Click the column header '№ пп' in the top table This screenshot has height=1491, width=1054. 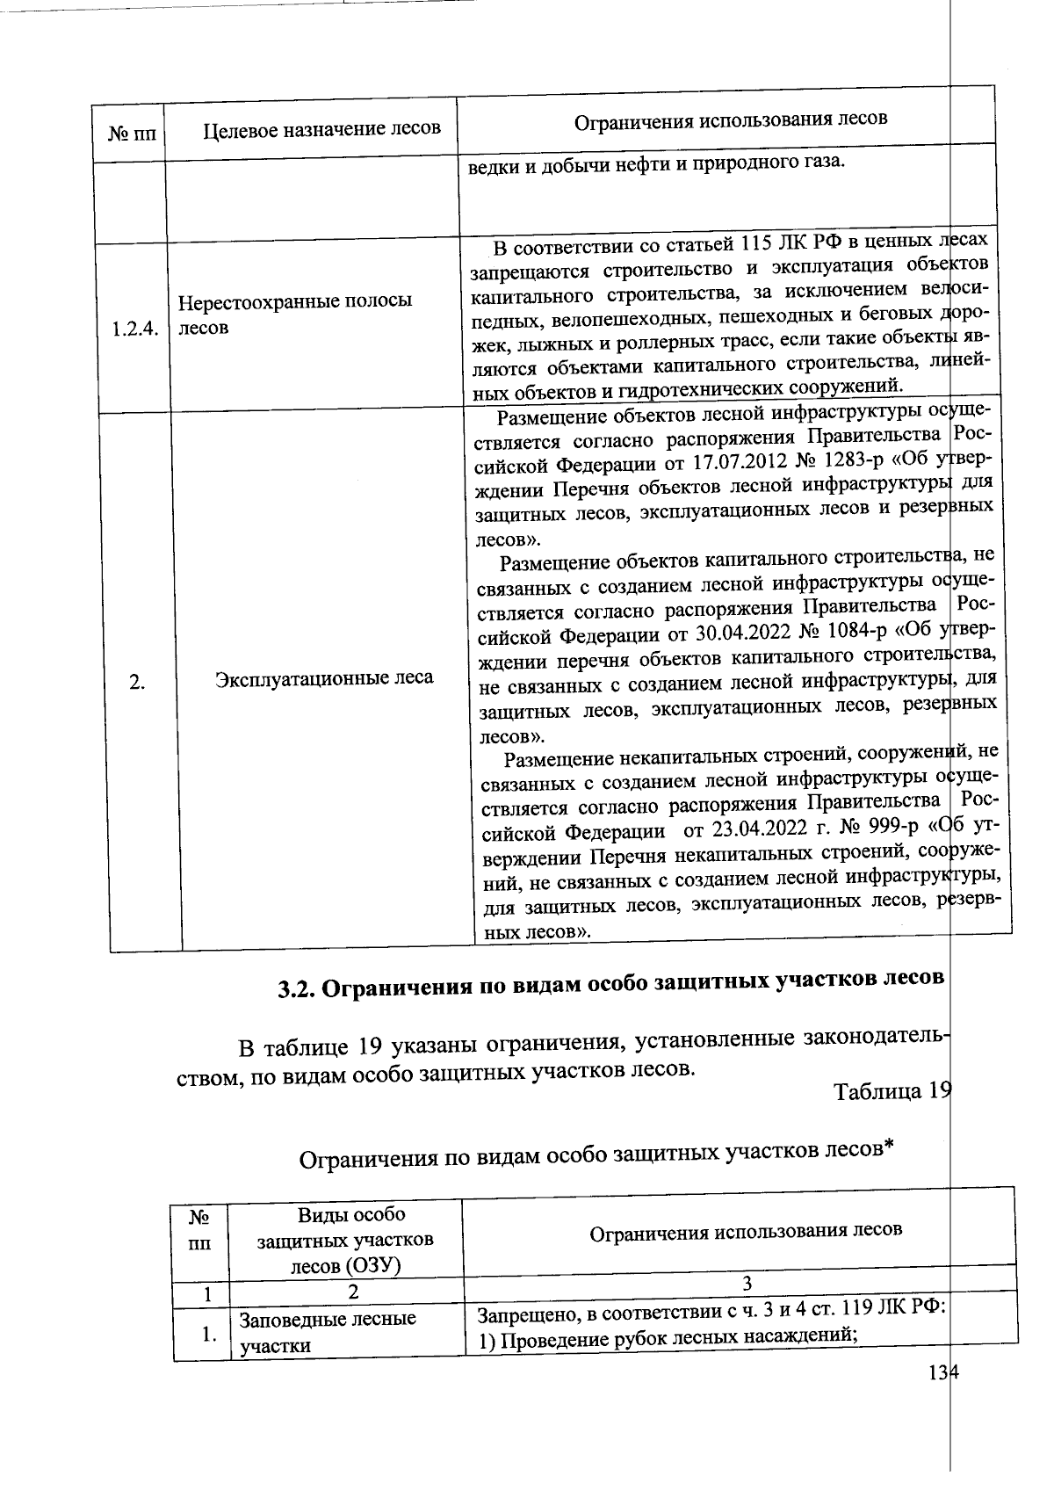point(131,134)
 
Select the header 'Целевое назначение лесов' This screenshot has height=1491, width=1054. point(321,129)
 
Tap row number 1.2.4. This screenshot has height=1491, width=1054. point(135,329)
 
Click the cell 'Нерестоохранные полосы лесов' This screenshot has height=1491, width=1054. point(295,314)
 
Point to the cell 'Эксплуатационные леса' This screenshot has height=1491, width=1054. point(324,677)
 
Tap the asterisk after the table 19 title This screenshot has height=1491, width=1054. point(889,1147)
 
